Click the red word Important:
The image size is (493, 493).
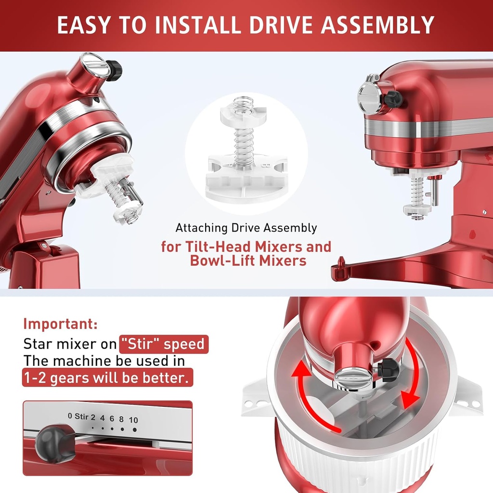[x=61, y=324]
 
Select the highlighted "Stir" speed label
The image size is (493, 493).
[x=164, y=345]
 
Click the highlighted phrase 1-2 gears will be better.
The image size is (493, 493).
[x=107, y=377]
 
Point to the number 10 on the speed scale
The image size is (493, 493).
[x=133, y=420]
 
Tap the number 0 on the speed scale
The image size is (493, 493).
[x=70, y=416]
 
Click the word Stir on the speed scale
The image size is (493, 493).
[x=81, y=416]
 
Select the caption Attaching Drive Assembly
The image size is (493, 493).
[x=246, y=228]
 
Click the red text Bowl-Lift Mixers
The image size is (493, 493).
[x=248, y=261]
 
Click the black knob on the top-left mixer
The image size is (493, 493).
[x=114, y=70]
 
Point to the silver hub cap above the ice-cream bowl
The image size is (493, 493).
[x=354, y=376]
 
